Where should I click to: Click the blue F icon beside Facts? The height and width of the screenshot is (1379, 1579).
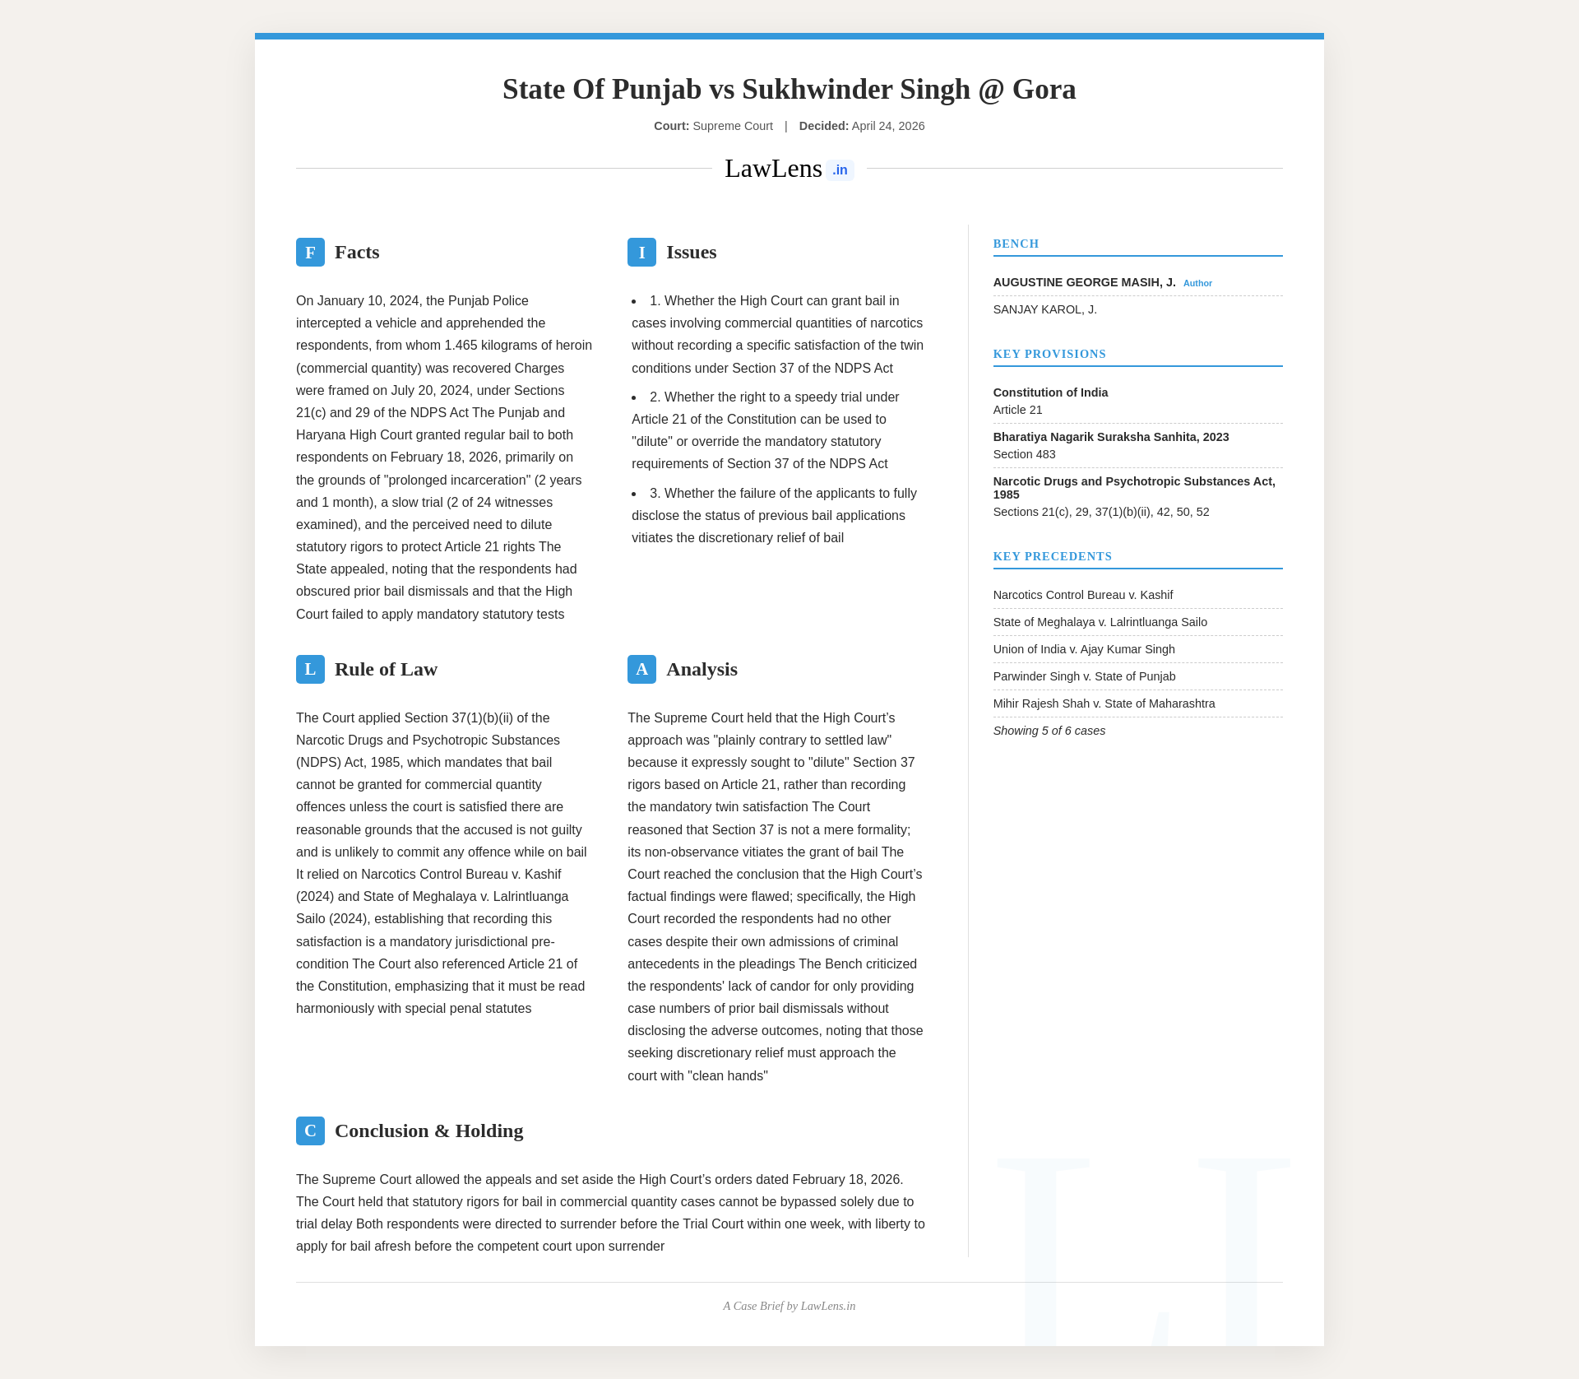pyautogui.click(x=310, y=253)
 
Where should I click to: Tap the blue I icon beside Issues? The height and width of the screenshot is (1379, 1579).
pyautogui.click(x=641, y=253)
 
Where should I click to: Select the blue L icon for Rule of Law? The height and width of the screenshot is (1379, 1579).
pyautogui.click(x=310, y=670)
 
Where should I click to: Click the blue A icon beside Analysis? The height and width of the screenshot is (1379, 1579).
pyautogui.click(x=641, y=670)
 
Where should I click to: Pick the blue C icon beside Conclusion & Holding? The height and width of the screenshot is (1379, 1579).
pyautogui.click(x=310, y=1131)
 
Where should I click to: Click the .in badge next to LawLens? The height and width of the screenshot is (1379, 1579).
pyautogui.click(x=840, y=170)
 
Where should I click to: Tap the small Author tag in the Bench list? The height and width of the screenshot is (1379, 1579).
pyautogui.click(x=1197, y=283)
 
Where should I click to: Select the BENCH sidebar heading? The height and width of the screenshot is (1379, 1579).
pyautogui.click(x=1016, y=244)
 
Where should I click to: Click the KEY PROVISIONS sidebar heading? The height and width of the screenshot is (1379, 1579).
pyautogui.click(x=1049, y=354)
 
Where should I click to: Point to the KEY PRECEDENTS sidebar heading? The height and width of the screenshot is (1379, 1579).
pyautogui.click(x=1052, y=556)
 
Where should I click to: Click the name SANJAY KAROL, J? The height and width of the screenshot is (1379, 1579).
pyautogui.click(x=1044, y=309)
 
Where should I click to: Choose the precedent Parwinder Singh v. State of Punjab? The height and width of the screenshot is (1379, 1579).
pyautogui.click(x=1084, y=676)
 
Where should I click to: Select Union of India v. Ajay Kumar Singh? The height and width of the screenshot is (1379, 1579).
pyautogui.click(x=1084, y=649)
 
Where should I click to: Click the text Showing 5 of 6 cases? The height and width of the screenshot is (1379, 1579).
pyautogui.click(x=1049, y=731)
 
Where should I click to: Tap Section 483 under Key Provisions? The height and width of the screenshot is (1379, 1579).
pyautogui.click(x=1024, y=454)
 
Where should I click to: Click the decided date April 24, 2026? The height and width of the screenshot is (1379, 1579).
pyautogui.click(x=887, y=126)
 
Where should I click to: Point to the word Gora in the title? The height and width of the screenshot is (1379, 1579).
pyautogui.click(x=1044, y=89)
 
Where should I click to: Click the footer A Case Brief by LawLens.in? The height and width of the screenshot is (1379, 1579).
pyautogui.click(x=789, y=1306)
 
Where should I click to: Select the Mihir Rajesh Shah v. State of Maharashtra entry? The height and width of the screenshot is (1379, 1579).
pyautogui.click(x=1104, y=703)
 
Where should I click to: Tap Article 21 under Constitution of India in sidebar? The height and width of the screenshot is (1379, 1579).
pyautogui.click(x=1017, y=410)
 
